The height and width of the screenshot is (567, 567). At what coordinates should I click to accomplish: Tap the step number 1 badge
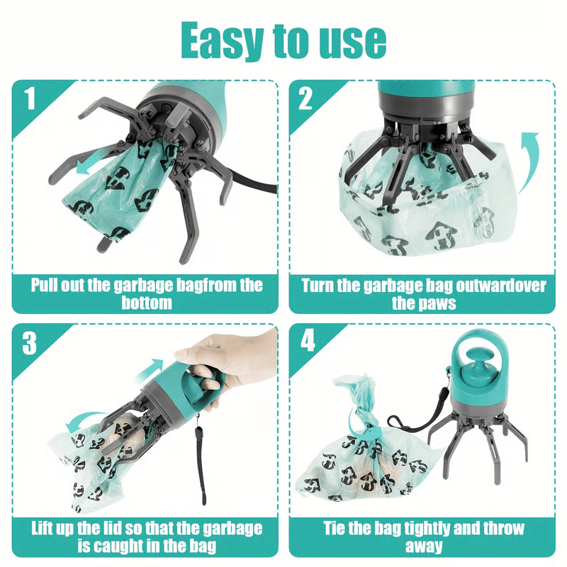click(x=29, y=99)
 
